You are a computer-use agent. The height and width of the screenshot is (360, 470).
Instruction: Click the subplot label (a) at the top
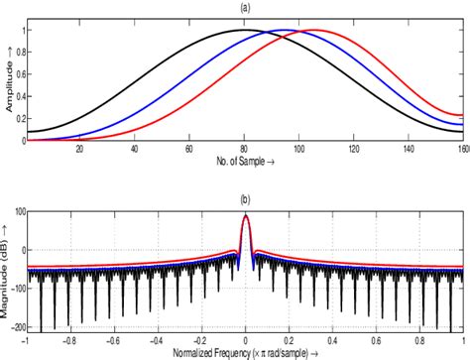[x=245, y=7]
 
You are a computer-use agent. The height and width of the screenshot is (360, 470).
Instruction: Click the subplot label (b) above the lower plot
[x=245, y=196]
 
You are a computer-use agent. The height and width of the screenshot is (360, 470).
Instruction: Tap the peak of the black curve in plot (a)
[x=244, y=30]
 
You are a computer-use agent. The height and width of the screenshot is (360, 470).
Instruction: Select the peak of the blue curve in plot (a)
[x=288, y=30]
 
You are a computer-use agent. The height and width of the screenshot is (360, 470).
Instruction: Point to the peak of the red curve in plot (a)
[x=316, y=30]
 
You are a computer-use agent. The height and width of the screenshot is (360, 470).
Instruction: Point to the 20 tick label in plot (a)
[x=79, y=149]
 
